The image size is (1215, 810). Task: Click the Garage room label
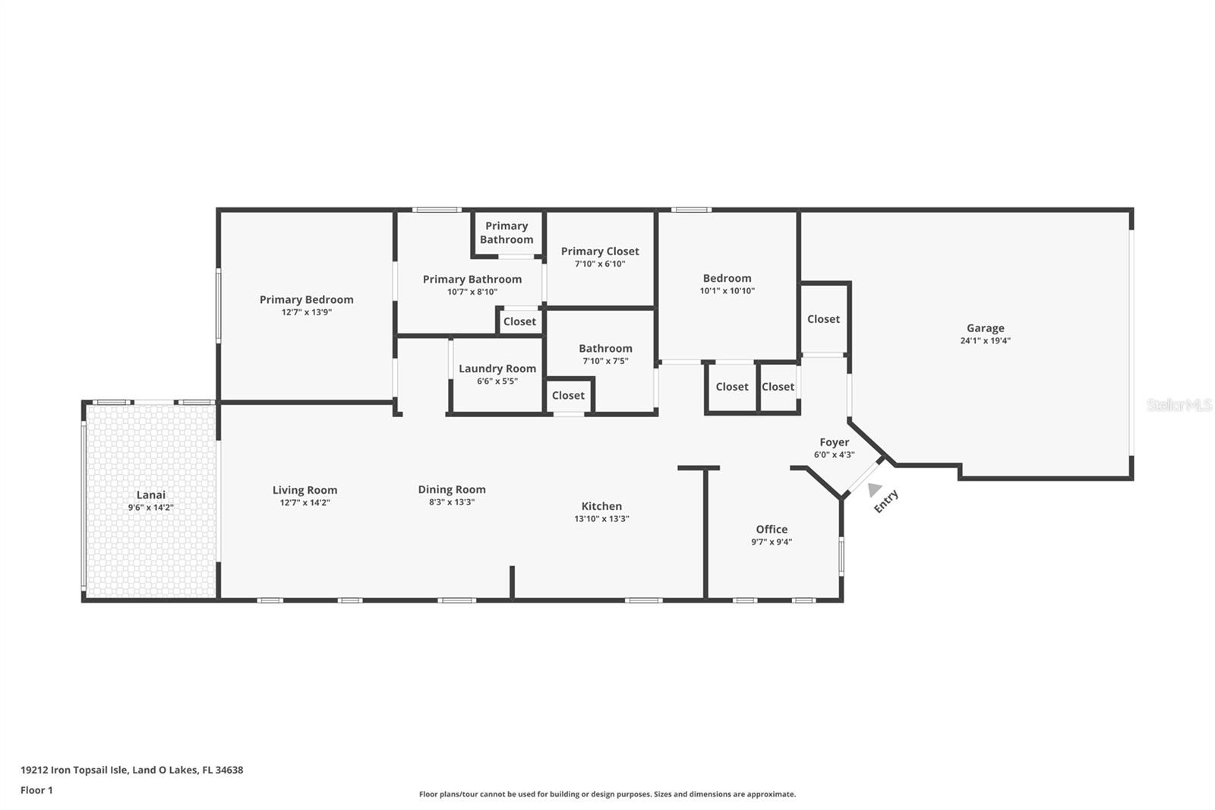click(x=985, y=328)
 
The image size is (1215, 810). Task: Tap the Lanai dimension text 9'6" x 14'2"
click(x=151, y=508)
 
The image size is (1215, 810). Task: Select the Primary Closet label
click(x=600, y=252)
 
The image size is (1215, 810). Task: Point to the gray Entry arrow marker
click(x=874, y=489)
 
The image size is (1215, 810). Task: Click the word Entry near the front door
click(x=886, y=501)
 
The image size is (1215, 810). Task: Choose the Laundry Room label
click(x=497, y=369)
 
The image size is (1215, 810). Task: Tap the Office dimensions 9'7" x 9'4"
click(x=772, y=542)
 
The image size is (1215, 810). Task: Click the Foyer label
click(x=835, y=442)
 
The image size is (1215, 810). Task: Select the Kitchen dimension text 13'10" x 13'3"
click(x=601, y=518)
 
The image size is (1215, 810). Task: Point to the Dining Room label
click(x=452, y=489)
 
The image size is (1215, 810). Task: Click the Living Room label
click(x=305, y=490)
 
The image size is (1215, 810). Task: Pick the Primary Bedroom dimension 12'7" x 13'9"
click(x=307, y=312)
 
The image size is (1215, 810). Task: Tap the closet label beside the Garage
click(x=823, y=319)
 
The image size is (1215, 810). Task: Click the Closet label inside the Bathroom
click(x=568, y=395)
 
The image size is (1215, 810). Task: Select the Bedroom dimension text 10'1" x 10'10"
click(x=727, y=290)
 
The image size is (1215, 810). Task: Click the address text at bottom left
click(x=132, y=770)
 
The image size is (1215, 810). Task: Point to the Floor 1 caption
click(x=37, y=790)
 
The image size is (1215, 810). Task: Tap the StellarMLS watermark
click(x=1179, y=404)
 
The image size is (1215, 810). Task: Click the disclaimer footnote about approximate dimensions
click(x=607, y=794)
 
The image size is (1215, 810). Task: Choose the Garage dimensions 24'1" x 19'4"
click(x=985, y=340)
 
